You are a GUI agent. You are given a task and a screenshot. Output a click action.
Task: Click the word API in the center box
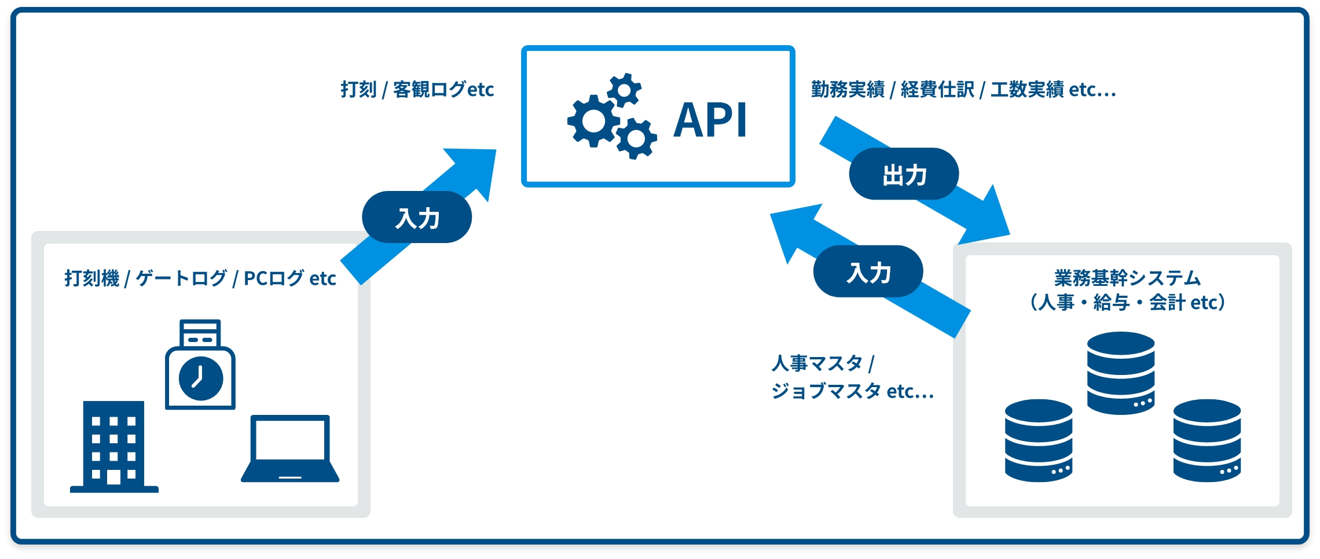click(x=710, y=120)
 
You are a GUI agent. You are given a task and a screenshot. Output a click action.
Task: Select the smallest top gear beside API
click(x=624, y=90)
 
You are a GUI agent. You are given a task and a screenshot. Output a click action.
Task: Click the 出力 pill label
click(x=904, y=174)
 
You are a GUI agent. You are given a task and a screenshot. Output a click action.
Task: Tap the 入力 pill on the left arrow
click(x=417, y=218)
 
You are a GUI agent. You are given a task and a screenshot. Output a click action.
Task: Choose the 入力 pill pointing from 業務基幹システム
click(x=868, y=272)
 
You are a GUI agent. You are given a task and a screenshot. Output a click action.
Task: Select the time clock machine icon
click(x=200, y=365)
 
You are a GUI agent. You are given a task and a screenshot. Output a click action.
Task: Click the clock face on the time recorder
click(x=200, y=378)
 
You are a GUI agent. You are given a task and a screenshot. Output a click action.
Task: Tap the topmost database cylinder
click(x=1121, y=373)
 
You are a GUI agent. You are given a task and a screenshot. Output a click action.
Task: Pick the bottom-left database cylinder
click(x=1039, y=440)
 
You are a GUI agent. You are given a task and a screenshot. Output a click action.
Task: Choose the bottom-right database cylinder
click(x=1207, y=440)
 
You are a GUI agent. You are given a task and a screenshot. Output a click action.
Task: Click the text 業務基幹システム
click(x=1127, y=278)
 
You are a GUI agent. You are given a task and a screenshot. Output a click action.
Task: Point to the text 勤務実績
click(x=848, y=90)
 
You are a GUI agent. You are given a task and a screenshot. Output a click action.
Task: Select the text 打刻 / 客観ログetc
click(x=417, y=90)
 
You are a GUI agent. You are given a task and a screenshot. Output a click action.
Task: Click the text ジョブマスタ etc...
click(x=852, y=391)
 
